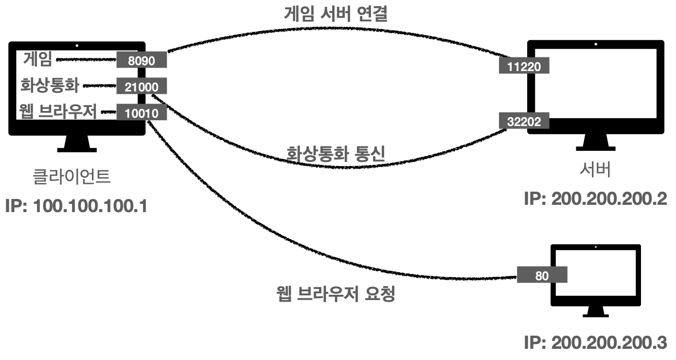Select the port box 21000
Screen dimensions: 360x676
pos(142,87)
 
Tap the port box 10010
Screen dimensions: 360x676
pos(142,113)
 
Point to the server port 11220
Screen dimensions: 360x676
pos(524,67)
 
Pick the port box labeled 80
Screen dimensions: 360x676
pos(542,275)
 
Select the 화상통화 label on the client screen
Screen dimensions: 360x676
pos(49,86)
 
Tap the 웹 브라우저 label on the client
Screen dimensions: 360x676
pos(57,112)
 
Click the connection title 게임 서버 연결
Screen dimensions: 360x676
pos(336,14)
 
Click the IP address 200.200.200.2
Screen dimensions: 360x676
pos(595,198)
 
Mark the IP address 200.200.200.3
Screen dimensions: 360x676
pos(595,342)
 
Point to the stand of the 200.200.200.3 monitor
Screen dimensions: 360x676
pos(595,312)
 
